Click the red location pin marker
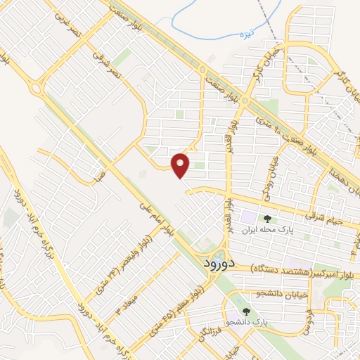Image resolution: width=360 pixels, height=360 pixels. point(181,165)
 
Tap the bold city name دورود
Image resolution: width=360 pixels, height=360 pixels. point(202,264)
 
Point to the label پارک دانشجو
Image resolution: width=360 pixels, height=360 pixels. point(247,322)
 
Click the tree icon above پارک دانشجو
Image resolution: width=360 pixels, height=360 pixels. point(246,311)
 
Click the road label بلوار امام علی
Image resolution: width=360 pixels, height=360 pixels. point(156,223)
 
